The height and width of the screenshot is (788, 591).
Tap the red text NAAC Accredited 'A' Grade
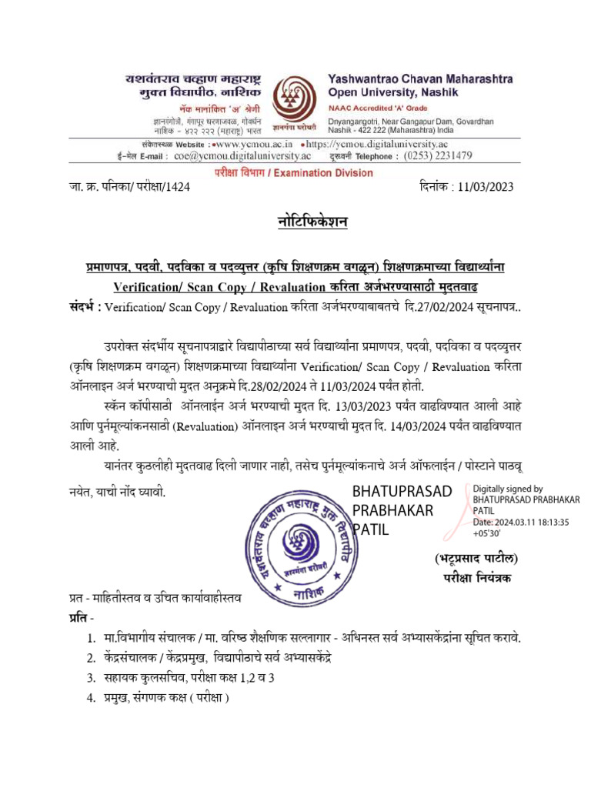pos(375,107)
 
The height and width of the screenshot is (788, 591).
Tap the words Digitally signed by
pos(507,489)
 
